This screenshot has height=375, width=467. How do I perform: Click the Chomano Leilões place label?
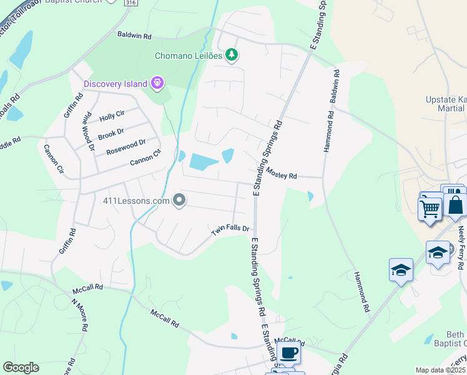tap(189, 56)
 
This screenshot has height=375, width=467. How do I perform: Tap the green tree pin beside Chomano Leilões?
tap(232, 55)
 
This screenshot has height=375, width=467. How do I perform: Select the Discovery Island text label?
tap(116, 84)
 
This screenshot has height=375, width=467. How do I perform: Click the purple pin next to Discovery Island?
tap(157, 82)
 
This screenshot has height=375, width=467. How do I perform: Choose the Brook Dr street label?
tap(111, 134)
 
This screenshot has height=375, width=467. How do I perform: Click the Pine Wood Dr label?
tap(88, 132)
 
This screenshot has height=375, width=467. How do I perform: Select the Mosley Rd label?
tap(281, 173)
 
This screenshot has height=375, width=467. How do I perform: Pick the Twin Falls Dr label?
tap(230, 231)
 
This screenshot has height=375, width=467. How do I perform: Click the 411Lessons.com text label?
tap(136, 201)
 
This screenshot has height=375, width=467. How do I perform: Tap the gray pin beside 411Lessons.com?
tap(179, 201)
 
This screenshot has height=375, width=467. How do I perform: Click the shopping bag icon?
tap(455, 204)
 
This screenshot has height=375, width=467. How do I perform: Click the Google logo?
tap(21, 367)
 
